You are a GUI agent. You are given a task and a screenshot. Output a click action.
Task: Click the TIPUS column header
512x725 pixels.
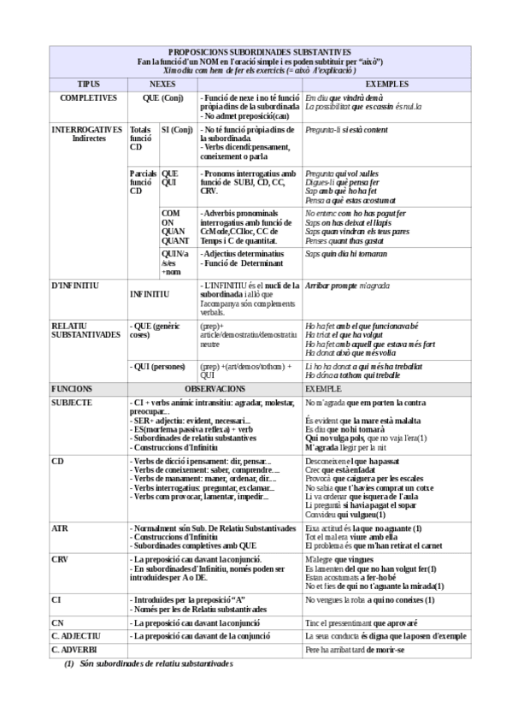[88, 84]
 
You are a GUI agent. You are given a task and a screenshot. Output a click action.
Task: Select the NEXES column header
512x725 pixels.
[162, 84]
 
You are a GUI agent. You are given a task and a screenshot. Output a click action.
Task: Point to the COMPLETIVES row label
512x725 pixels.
[88, 98]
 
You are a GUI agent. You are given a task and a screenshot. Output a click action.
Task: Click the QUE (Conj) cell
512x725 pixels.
[162, 98]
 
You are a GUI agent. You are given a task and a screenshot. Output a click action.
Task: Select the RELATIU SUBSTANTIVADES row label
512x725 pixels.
[85, 330]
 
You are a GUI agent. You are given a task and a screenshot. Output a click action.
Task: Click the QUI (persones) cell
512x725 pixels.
[159, 365]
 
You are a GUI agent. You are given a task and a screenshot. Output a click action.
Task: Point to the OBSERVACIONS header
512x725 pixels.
[214, 388]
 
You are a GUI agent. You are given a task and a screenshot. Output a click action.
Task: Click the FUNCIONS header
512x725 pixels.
[73, 388]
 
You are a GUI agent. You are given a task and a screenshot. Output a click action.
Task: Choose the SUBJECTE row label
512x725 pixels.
[73, 402]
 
